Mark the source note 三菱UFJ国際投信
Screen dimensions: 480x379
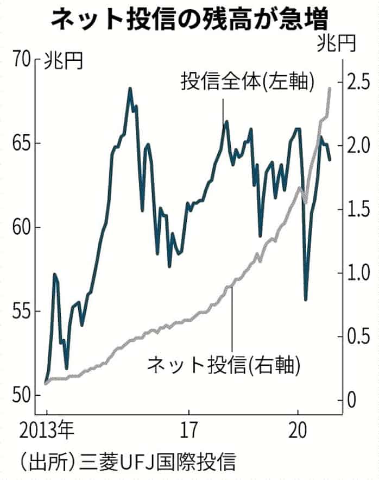[157, 463]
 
